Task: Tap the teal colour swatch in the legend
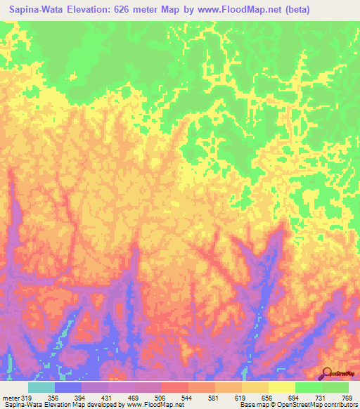pyautogui.click(x=41, y=387)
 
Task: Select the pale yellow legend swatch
pyautogui.click(x=281, y=387)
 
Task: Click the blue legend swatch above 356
pyautogui.click(x=68, y=387)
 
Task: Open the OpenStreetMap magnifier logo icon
pyautogui.click(x=327, y=373)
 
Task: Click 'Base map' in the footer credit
pyautogui.click(x=252, y=405)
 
